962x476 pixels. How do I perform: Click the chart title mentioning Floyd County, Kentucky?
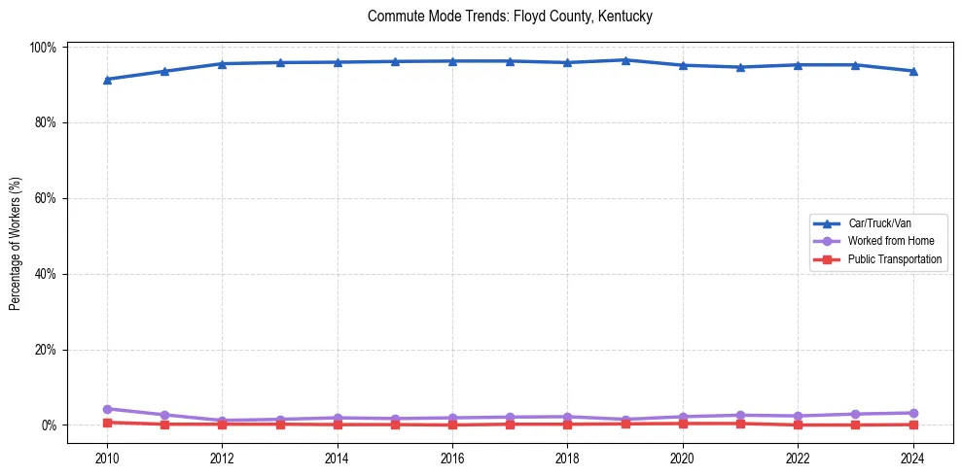510,17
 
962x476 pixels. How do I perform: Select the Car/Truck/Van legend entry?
879,223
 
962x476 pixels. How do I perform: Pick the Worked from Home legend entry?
890,241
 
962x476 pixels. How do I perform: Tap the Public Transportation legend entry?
895,259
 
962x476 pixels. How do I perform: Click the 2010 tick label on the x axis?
107,457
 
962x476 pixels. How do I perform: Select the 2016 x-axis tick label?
452,457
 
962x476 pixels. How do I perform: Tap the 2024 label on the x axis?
912,457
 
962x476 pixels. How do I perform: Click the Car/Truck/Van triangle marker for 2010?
107,80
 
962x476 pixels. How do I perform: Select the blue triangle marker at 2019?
625,60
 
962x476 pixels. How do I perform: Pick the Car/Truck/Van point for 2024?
912,71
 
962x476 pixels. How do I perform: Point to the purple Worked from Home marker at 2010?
107,409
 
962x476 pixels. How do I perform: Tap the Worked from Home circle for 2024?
912,413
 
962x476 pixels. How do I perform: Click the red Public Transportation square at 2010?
107,423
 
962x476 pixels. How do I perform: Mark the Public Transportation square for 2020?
683,424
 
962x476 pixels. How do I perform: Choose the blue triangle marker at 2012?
222,64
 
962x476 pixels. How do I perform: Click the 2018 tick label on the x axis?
567,457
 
